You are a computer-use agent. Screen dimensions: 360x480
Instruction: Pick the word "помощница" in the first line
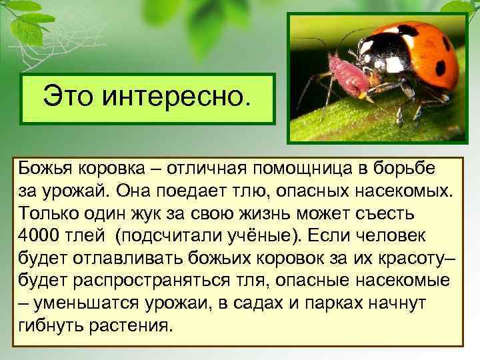click(299, 167)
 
